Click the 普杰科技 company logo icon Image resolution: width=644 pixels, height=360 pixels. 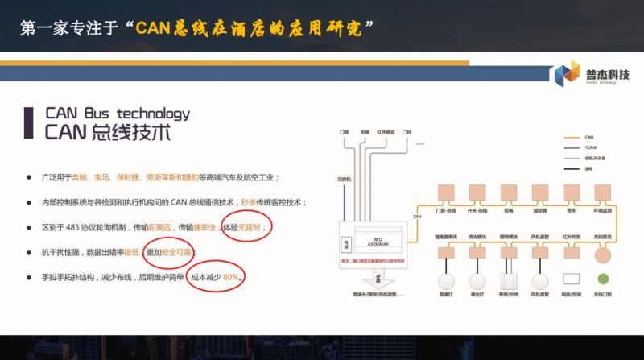(565, 75)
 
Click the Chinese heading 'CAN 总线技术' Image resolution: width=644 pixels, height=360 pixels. (108, 133)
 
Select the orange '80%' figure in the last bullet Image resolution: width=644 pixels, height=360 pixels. (232, 277)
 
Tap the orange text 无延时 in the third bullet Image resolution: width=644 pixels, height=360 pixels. (250, 227)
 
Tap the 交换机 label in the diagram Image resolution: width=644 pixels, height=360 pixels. (343, 179)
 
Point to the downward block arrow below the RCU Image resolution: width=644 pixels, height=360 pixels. (375, 279)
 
